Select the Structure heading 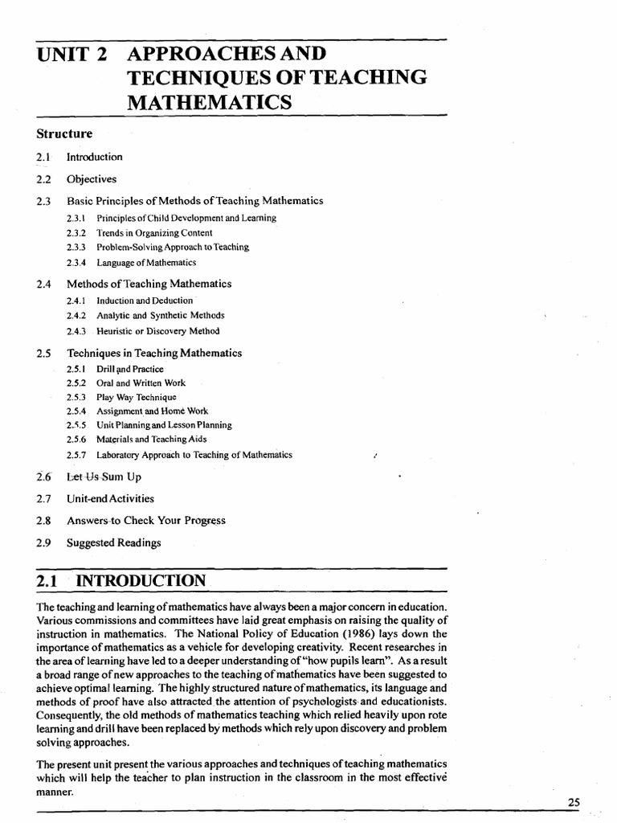click(65, 133)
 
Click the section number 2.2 click(44, 179)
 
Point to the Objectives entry click(92, 179)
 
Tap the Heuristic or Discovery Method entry click(157, 330)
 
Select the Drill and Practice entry click(130, 369)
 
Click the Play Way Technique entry click(136, 397)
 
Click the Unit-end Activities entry click(111, 499)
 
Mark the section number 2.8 click(44, 521)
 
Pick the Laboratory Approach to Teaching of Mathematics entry click(194, 455)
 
